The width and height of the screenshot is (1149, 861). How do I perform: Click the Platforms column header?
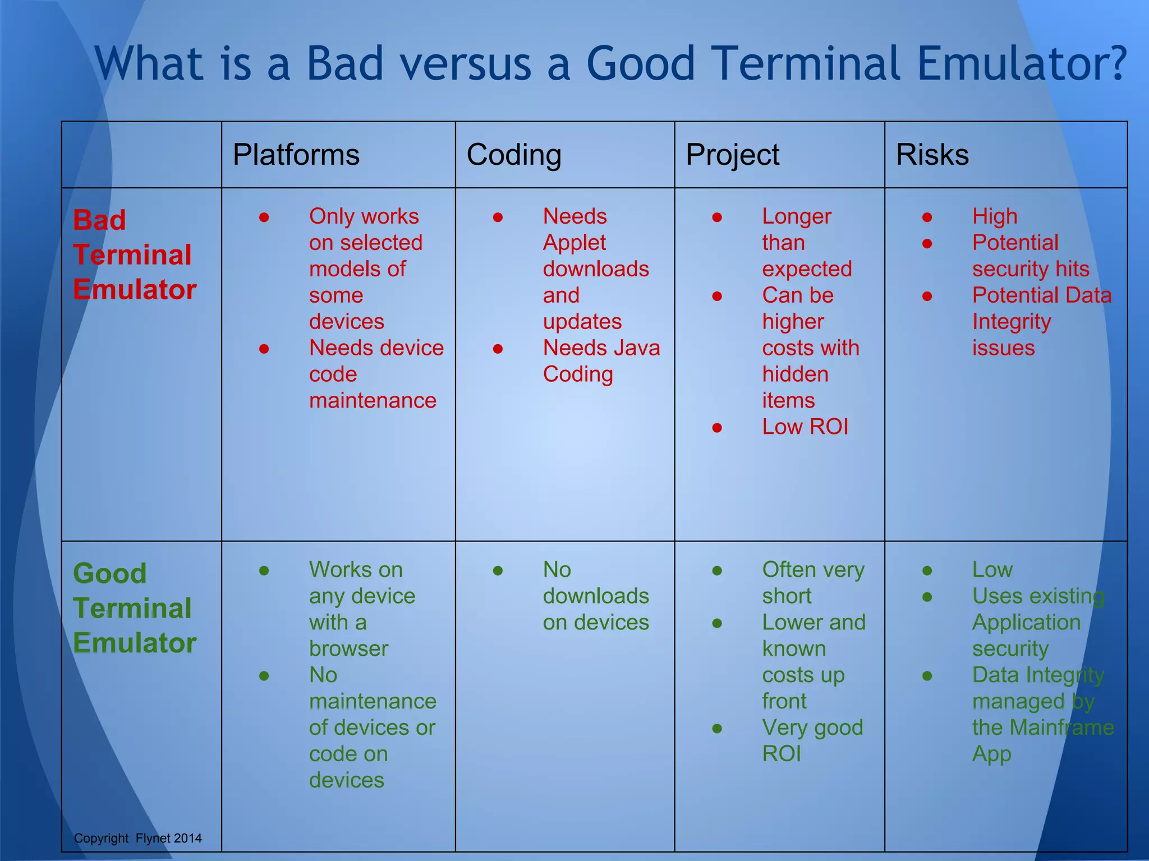click(296, 155)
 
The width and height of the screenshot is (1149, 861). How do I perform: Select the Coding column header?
click(513, 155)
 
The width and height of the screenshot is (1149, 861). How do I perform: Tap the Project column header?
click(732, 155)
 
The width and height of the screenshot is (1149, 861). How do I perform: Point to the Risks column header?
click(932, 155)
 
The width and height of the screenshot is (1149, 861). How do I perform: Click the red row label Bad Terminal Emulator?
click(134, 254)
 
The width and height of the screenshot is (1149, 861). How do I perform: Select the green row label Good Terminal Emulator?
click(134, 608)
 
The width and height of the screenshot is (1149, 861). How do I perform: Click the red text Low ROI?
click(805, 427)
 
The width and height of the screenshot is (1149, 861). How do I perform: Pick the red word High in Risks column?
click(994, 216)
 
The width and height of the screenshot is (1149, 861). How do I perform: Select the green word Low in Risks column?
click(992, 570)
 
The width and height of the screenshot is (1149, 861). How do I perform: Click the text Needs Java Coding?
click(600, 361)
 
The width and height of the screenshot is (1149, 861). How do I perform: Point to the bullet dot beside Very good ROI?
click(716, 729)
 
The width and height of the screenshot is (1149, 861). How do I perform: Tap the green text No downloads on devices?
click(595, 596)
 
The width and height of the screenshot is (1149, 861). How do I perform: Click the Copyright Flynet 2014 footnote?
click(137, 838)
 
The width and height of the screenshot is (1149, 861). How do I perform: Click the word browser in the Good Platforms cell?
click(348, 649)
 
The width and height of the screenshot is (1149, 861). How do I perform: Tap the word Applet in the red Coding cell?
click(574, 243)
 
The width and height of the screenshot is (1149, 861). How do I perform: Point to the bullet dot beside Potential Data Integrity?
click(927, 296)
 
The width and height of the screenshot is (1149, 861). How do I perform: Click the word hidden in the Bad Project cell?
click(795, 374)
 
